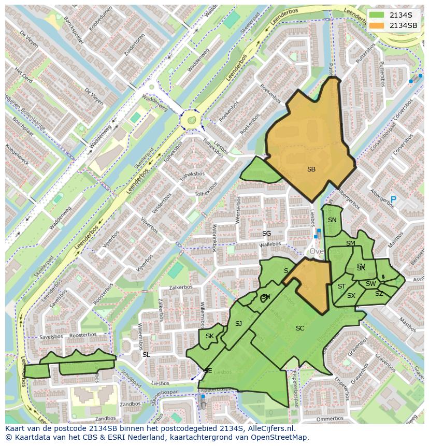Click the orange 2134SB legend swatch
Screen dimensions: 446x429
[x=378, y=25]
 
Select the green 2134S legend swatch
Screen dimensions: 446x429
[x=378, y=15]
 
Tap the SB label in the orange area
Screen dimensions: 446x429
[x=311, y=169]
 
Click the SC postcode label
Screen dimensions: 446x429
[x=300, y=328]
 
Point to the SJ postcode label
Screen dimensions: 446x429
[x=238, y=324]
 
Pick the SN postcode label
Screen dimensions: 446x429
[x=332, y=220]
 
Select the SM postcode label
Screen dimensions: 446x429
[x=351, y=243]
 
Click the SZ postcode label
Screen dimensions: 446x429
[x=379, y=294]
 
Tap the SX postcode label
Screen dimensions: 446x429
[x=351, y=296]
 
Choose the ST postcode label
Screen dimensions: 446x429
[x=341, y=286]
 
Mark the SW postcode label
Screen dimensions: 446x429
[x=370, y=284]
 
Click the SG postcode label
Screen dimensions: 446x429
[x=266, y=234]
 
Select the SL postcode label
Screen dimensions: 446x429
[x=146, y=354]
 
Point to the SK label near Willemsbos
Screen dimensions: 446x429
[x=209, y=336]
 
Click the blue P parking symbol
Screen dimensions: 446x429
[x=393, y=199]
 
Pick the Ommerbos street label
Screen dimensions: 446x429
[x=330, y=419]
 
